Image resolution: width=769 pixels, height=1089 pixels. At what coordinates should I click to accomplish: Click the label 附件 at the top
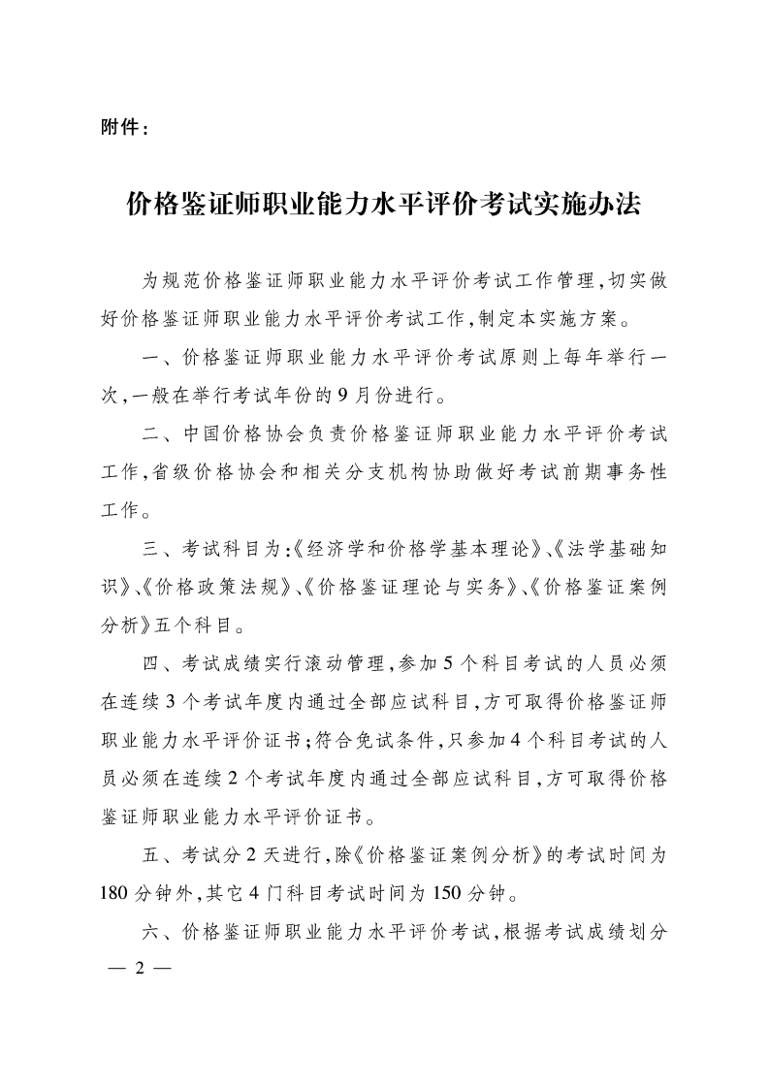(120, 126)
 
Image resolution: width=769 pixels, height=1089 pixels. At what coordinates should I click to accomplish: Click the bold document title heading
(384, 205)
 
